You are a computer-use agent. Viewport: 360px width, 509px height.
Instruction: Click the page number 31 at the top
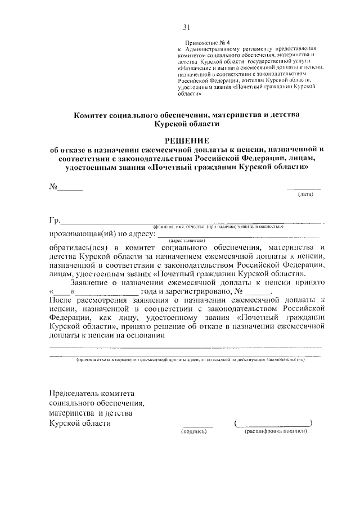[x=187, y=27]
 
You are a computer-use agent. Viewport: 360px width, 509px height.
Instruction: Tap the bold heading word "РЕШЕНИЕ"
[x=187, y=139]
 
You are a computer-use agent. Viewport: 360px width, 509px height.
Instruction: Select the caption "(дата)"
[x=305, y=195]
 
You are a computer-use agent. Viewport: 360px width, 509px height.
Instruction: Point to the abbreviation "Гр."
[x=55, y=220]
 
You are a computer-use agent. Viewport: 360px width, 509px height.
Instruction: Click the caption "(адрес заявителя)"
[x=187, y=240]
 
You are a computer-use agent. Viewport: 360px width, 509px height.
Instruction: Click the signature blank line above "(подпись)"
[x=198, y=425]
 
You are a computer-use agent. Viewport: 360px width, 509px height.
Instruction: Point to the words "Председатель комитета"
[x=92, y=393]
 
